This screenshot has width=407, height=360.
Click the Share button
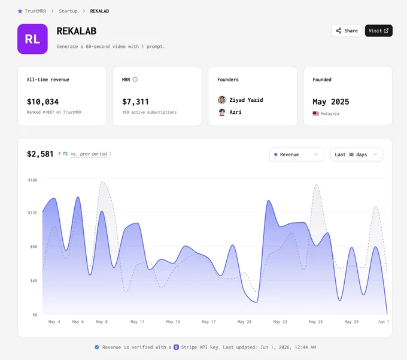(347, 31)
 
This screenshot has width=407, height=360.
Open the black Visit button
(378, 31)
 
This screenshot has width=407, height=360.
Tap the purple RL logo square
(32, 39)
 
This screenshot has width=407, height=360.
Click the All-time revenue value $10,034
(43, 102)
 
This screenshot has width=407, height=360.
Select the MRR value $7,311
(135, 102)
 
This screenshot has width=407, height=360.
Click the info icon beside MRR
(135, 80)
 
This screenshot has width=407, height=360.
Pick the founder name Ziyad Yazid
(246, 100)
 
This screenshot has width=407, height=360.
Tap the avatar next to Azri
(222, 112)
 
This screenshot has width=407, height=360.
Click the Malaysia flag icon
(315, 113)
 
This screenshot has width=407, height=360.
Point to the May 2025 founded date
(330, 102)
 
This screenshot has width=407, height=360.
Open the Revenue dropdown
(296, 155)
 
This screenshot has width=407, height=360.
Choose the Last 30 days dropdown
(356, 155)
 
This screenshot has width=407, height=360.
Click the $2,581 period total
(40, 154)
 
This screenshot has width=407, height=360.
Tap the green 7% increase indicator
(63, 154)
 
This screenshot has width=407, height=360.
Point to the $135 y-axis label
(32, 213)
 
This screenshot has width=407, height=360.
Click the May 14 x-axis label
(173, 322)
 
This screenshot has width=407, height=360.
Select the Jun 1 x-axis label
(384, 322)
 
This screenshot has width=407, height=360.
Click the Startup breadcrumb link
(68, 11)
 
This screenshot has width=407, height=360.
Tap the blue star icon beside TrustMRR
(20, 11)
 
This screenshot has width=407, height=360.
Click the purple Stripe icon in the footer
(176, 347)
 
